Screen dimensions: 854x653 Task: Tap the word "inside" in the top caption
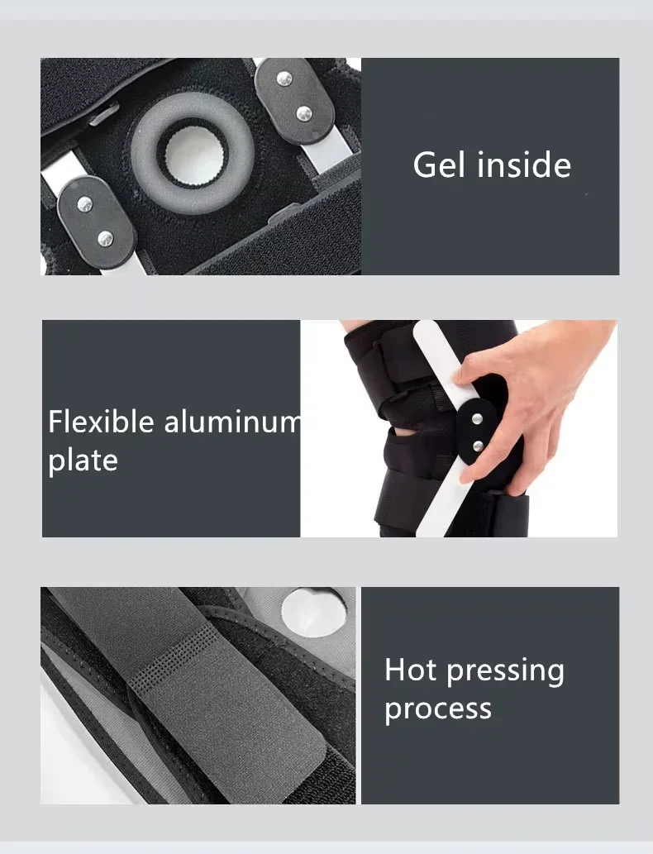519,165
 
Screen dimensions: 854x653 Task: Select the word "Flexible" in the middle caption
102,422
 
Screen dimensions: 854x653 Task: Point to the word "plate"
83,460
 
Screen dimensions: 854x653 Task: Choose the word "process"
438,708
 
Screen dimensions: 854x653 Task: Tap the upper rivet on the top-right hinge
284,79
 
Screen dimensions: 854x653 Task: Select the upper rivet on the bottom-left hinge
84,203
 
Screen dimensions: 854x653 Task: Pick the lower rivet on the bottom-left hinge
105,239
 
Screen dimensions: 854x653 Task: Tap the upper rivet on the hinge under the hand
478,419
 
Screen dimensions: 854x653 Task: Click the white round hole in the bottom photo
312,610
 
